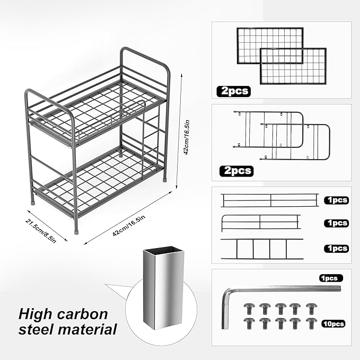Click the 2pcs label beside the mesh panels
pos(233,91)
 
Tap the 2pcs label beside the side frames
pos(236,171)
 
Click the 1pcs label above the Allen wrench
pos(331,278)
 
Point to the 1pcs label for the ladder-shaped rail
pos(336,248)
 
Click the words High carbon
pos(63,313)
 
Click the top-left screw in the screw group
pos(248,308)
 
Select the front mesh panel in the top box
pos(286,66)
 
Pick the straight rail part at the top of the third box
pos(270,200)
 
